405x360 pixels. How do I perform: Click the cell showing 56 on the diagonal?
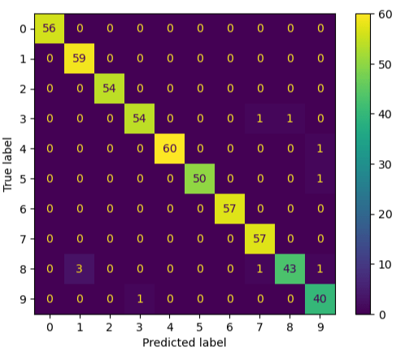(x=50, y=28)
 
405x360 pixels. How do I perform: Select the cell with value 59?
(x=81, y=59)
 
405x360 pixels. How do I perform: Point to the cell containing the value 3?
(x=81, y=269)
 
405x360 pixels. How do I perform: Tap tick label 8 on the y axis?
(x=23, y=269)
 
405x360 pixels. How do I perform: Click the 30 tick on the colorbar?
(x=389, y=164)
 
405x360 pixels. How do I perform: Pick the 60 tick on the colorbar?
(x=389, y=14)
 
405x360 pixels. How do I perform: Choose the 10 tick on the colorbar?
(x=389, y=264)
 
